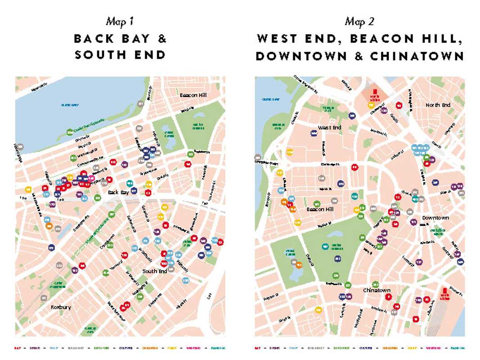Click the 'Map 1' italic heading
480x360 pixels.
point(120,21)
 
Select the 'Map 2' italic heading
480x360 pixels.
point(360,21)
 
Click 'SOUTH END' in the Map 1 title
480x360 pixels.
point(120,55)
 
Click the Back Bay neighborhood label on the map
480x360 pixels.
point(118,192)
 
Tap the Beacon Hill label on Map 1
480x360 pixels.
point(193,95)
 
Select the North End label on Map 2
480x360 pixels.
point(438,105)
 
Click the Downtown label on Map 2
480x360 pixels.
point(435,218)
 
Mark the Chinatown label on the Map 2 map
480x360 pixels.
point(377,290)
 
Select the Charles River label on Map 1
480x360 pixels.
point(70,105)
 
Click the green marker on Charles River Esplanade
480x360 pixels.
point(70,132)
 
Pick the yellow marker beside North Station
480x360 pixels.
point(371,105)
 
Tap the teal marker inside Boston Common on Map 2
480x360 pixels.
point(325,246)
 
